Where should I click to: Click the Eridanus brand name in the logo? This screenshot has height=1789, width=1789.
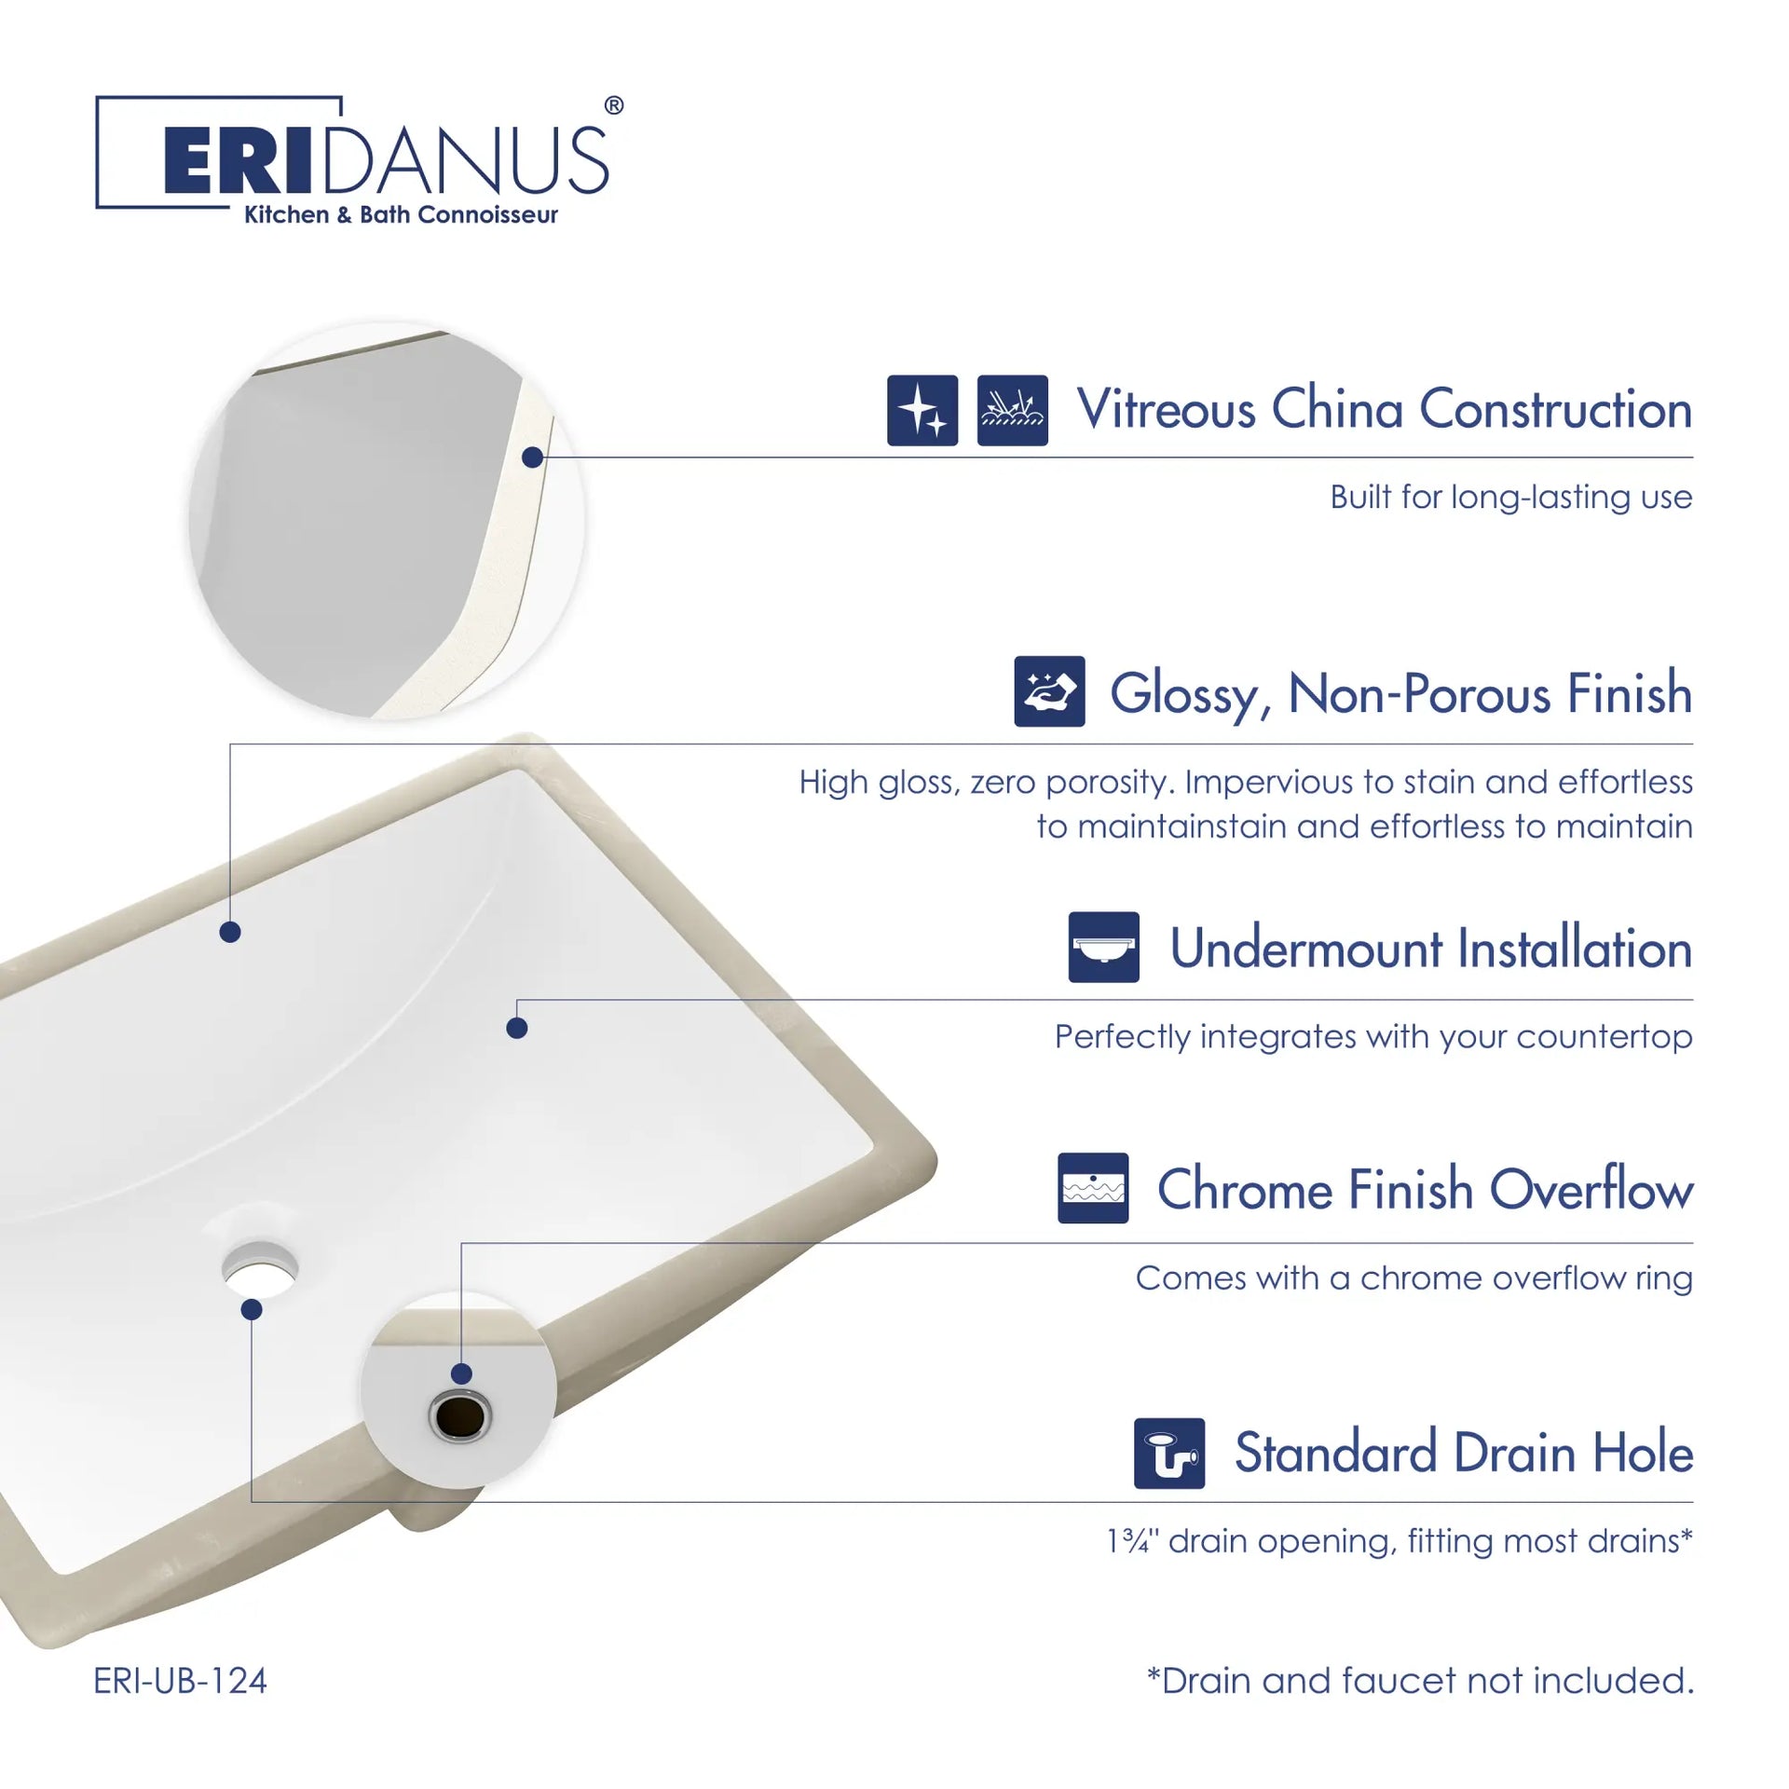point(387,160)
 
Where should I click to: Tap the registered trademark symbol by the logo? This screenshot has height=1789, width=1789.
point(614,105)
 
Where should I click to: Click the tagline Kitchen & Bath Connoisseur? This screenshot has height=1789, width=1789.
point(401,215)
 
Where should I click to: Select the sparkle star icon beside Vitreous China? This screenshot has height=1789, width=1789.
point(922,411)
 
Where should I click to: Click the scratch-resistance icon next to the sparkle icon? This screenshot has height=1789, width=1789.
point(1013,411)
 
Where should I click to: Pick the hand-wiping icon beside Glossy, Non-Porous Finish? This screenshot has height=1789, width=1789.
point(1049,691)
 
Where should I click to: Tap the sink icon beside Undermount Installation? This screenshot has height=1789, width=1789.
point(1104,947)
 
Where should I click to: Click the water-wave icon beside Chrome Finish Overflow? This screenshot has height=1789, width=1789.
point(1093,1188)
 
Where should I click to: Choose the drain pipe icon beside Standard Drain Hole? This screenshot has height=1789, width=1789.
point(1169,1454)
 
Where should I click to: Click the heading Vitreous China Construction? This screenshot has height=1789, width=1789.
point(1385,409)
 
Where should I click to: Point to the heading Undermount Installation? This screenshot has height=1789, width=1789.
point(1431,948)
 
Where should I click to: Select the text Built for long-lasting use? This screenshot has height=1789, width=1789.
point(1511,498)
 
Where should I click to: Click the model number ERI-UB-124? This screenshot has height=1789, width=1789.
point(180,1681)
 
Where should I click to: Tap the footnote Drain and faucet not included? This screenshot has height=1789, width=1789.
point(1420,1680)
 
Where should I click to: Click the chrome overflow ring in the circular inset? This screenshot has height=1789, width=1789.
point(459,1417)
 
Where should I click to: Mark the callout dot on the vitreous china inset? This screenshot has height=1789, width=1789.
point(532,457)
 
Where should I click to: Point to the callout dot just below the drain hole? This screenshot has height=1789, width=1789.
point(252,1310)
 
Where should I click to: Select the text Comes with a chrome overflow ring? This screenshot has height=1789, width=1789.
point(1413,1278)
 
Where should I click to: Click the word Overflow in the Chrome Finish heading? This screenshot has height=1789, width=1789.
point(1591,1189)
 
